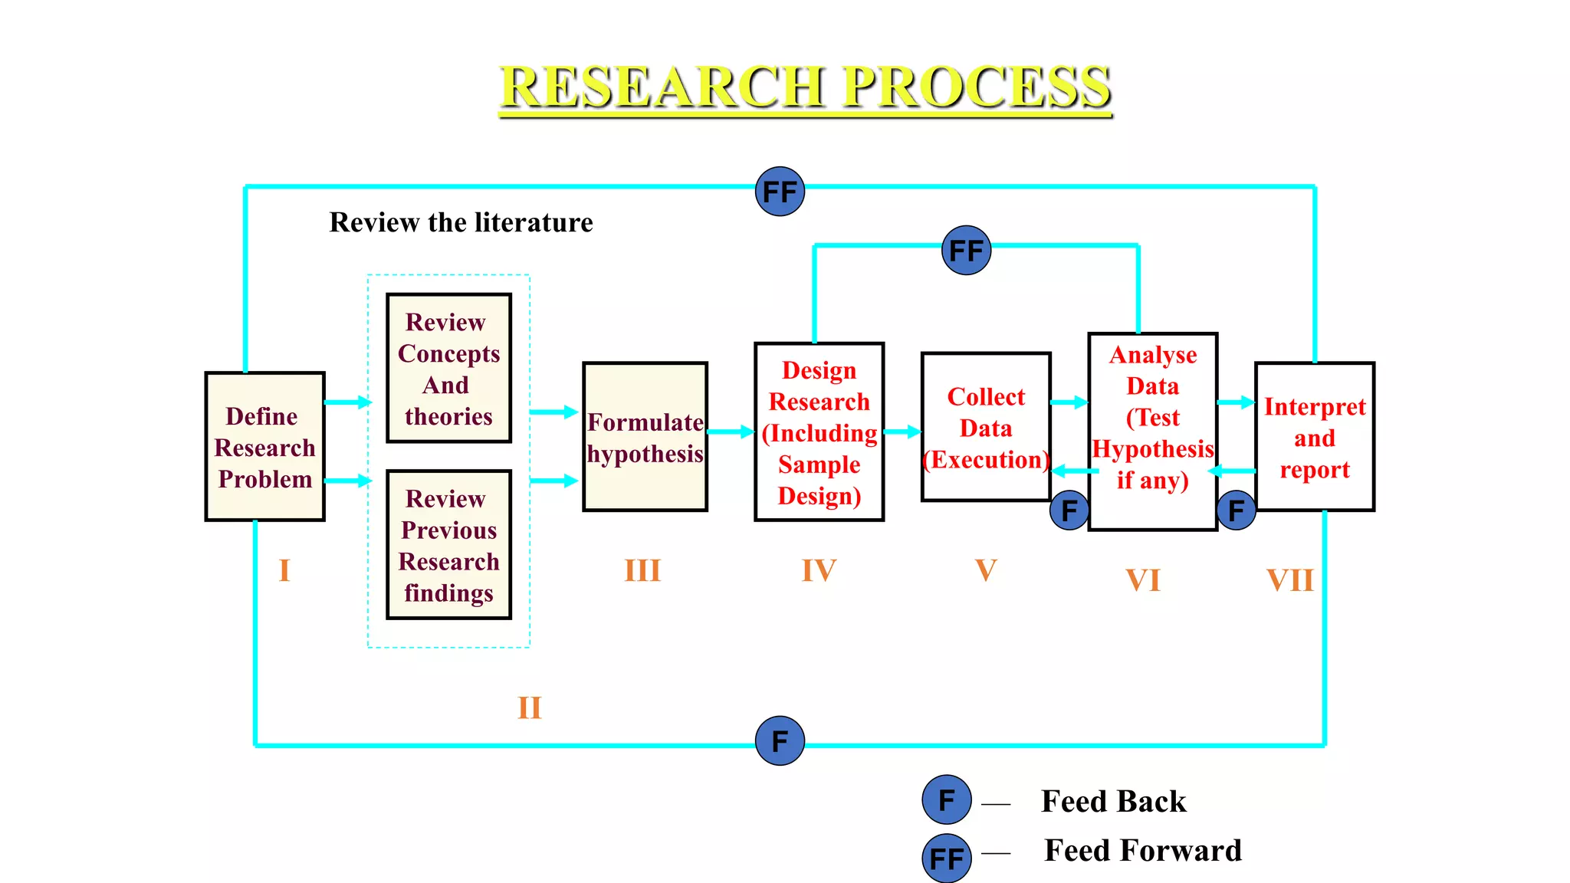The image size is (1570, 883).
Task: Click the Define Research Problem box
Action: coord(264,447)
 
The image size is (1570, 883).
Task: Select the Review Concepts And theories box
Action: coord(448,368)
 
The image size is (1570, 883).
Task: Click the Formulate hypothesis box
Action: coord(645,437)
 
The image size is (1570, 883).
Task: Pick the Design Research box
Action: coord(819,432)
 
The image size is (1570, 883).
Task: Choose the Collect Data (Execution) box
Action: coord(986,427)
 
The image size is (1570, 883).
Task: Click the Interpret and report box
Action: coord(1314,437)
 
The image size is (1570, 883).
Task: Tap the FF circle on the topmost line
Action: coord(780,192)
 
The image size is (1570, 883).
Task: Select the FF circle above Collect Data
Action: coord(966,251)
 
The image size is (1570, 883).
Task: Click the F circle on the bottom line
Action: coord(780,741)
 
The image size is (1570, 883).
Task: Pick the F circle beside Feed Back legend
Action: coord(947,800)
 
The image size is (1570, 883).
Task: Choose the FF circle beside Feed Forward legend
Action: coord(947,858)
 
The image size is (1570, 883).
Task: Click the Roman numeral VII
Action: coord(1290,580)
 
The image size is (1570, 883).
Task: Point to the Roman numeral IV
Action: coord(819,570)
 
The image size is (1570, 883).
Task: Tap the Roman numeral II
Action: coord(529,707)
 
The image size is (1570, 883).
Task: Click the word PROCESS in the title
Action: coord(977,86)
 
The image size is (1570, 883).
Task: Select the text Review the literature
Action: coord(461,222)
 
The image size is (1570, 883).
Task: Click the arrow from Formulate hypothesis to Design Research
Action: coord(731,432)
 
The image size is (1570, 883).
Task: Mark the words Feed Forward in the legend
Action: coord(1142,851)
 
